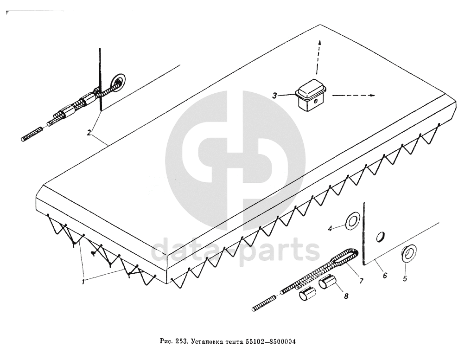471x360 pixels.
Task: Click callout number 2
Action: tap(89, 133)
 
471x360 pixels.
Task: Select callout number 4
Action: tap(331, 228)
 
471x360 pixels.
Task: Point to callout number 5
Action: tap(405, 280)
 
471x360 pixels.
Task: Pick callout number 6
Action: tap(384, 276)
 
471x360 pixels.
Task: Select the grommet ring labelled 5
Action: tap(409, 252)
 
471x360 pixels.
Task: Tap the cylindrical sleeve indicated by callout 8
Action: tap(328, 281)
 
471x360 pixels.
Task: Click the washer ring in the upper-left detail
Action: tap(119, 82)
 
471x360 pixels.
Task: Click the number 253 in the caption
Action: tap(180, 342)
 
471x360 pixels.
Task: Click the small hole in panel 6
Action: tap(379, 237)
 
